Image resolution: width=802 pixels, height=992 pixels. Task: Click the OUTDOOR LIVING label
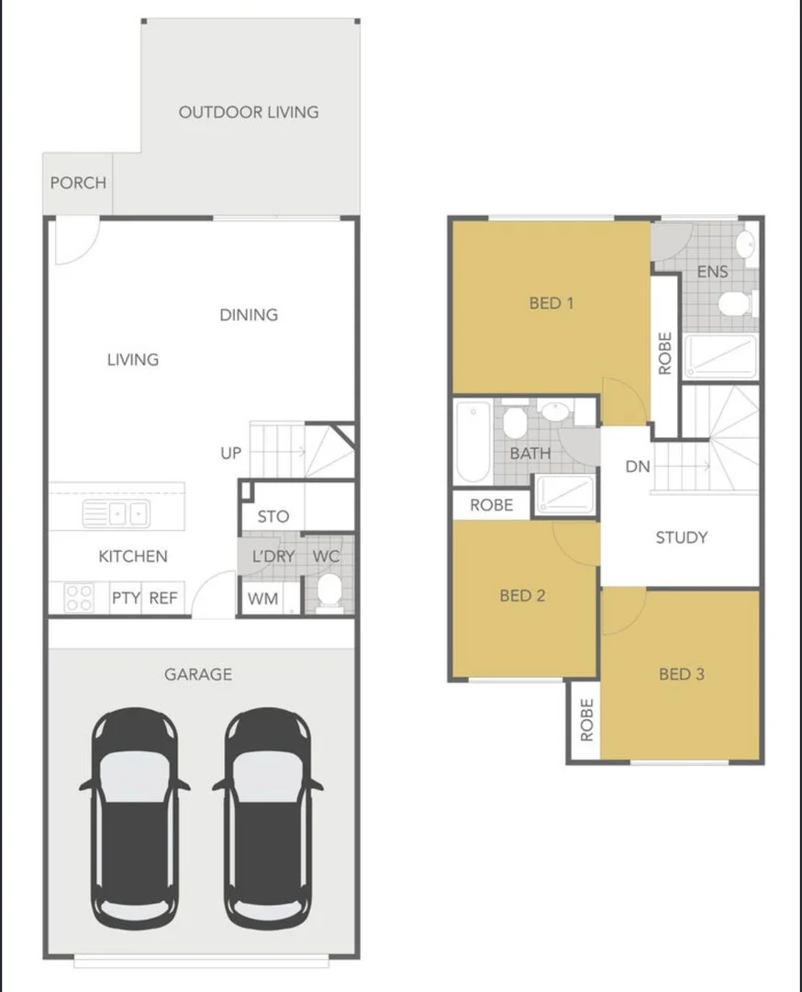tap(249, 112)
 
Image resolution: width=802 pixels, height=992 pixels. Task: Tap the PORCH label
tap(78, 183)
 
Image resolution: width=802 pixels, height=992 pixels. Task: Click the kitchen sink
tap(116, 513)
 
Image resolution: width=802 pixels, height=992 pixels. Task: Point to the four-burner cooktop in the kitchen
tap(79, 598)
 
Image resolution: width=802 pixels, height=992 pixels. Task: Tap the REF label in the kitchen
tap(163, 598)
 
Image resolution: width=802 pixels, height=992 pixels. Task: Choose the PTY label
tap(126, 598)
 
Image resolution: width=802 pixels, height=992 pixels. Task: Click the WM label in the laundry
tap(263, 599)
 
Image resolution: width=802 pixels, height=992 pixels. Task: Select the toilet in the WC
tap(328, 592)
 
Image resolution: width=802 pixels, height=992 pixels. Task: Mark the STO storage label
tap(273, 517)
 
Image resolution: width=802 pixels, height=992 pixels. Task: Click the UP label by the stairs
tap(231, 453)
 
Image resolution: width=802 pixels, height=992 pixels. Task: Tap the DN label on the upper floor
tap(638, 467)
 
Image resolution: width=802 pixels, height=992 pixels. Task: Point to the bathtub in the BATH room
tap(473, 442)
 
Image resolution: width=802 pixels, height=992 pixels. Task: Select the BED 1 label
tap(551, 302)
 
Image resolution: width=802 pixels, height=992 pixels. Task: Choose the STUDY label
tap(681, 537)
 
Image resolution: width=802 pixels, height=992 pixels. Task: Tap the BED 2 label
tap(522, 595)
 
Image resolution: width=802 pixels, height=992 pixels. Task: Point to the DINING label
tap(249, 314)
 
